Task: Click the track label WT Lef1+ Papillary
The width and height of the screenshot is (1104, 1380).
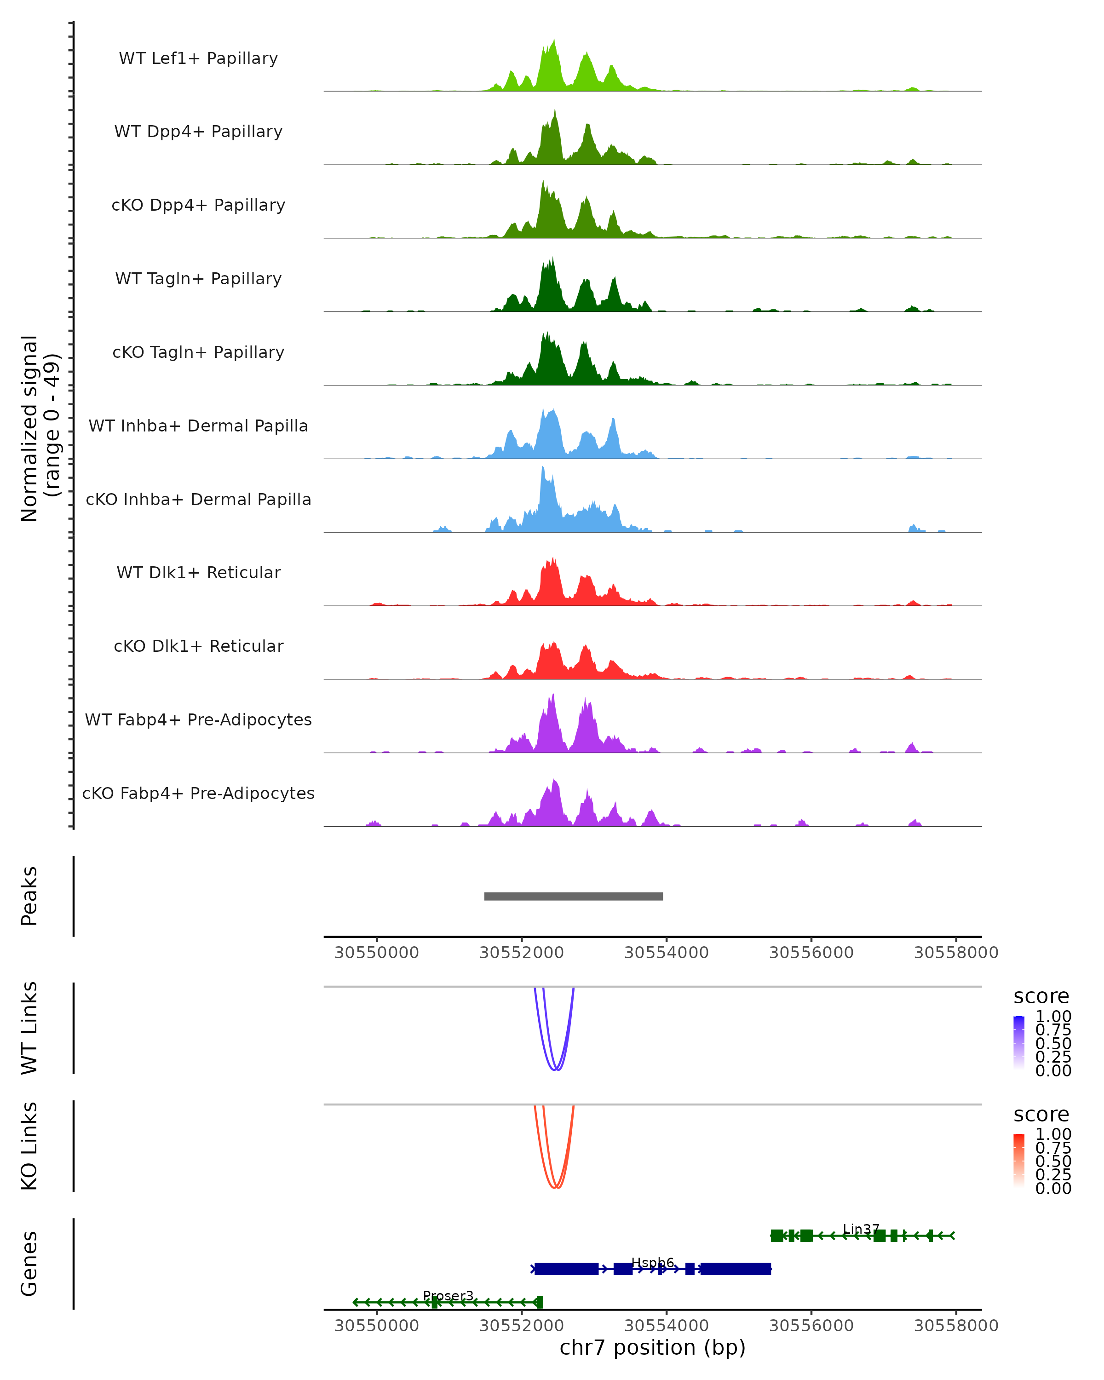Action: [198, 58]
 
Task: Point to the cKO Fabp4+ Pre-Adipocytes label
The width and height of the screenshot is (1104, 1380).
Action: [198, 793]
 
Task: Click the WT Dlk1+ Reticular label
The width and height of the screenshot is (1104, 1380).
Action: [198, 572]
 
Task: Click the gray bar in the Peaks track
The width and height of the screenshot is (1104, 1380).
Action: [574, 896]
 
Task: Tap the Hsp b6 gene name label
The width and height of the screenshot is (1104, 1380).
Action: [652, 1262]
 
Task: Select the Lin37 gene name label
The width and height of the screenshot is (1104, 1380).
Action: [861, 1229]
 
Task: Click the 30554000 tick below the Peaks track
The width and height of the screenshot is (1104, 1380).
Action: [666, 953]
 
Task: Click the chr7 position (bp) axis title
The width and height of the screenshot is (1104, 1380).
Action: [652, 1348]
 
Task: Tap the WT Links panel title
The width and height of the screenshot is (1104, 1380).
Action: [29, 1028]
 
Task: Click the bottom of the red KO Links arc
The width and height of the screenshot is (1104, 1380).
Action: [556, 1188]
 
